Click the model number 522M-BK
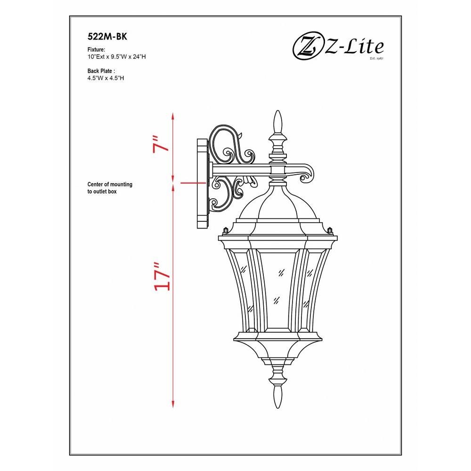107,36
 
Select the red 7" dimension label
160,145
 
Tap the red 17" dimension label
162,276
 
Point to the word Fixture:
96,49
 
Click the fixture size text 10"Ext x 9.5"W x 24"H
116,57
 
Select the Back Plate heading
101,71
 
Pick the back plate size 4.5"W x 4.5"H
106,78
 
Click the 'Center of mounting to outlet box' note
110,188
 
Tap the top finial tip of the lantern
278,111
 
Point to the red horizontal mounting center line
194,182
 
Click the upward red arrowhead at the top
173,116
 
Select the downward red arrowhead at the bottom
173,404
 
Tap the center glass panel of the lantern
278,288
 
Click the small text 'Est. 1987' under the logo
377,58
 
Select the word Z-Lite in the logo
355,47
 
